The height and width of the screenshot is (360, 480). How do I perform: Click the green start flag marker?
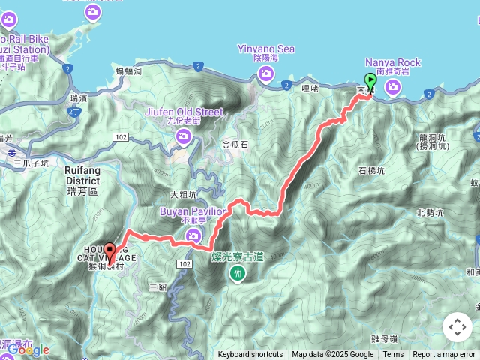(370, 82)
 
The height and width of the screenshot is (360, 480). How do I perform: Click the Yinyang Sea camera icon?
(266, 73)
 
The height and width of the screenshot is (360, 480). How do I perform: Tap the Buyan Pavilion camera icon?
(194, 236)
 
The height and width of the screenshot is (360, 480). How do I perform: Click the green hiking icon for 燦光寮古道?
(238, 274)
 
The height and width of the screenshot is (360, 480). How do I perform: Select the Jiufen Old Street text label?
(184, 112)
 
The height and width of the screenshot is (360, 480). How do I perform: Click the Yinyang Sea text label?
(266, 49)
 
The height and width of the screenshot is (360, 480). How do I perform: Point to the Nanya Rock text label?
(393, 62)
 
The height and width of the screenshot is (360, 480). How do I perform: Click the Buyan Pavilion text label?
(193, 212)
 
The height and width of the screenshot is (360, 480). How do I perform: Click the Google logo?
(28, 349)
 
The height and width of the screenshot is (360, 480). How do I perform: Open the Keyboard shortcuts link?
(250, 355)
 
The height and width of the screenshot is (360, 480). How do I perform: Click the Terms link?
(393, 355)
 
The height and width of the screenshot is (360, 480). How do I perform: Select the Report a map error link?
(444, 355)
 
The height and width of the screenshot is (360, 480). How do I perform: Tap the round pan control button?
(457, 327)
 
